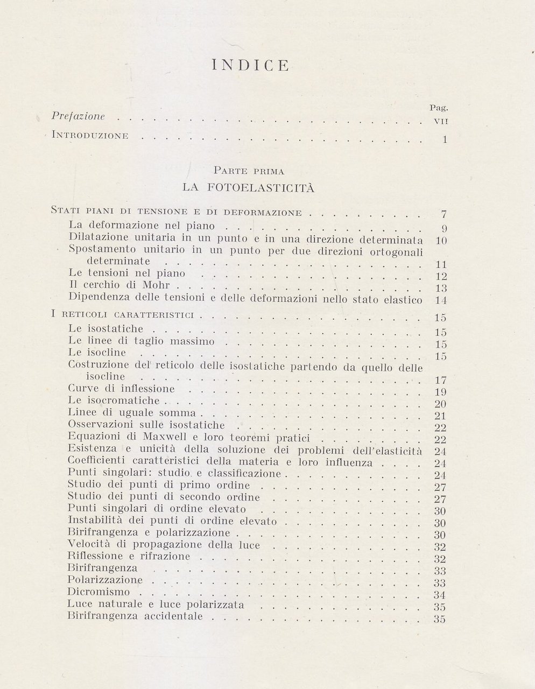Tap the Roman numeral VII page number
(441, 121)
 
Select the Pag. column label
(440, 108)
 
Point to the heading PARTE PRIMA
(249, 172)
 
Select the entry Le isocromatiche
(115, 400)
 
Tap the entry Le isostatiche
(107, 328)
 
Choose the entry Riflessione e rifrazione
(129, 556)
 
